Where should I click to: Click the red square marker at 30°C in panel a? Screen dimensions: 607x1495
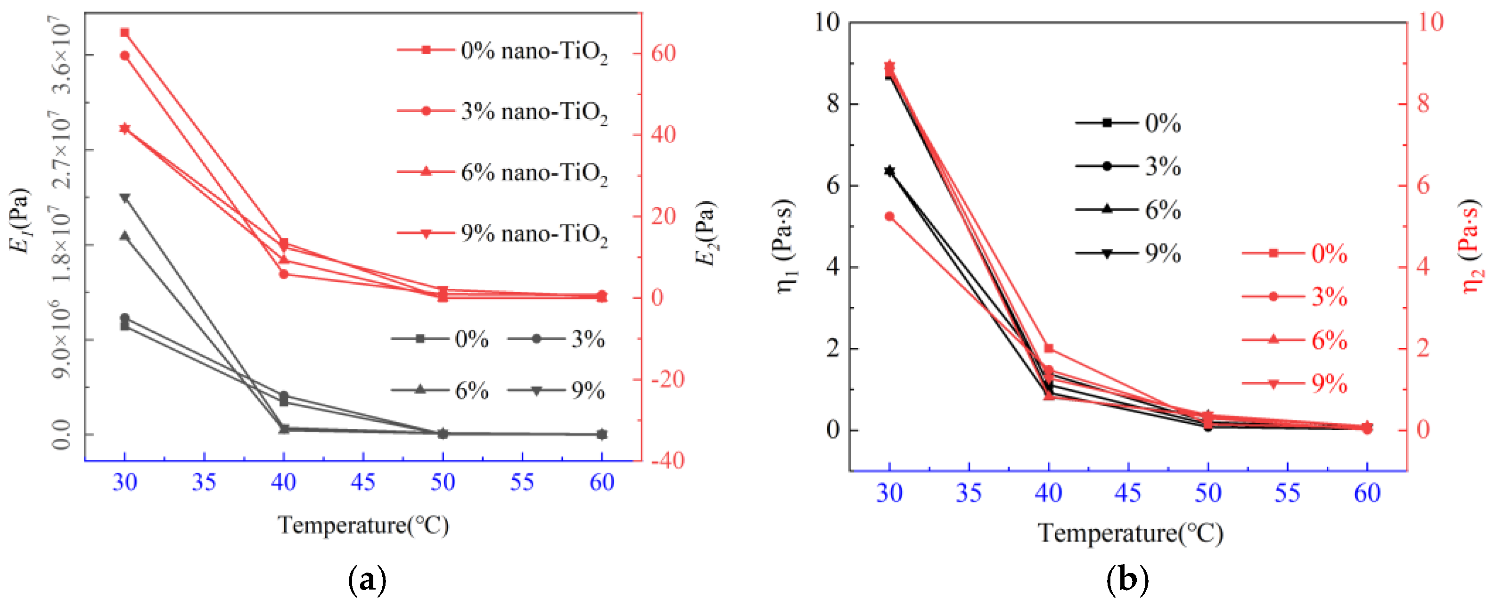[125, 33]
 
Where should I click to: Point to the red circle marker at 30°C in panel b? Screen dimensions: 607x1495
[889, 216]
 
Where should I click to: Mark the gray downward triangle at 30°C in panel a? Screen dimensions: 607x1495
[125, 198]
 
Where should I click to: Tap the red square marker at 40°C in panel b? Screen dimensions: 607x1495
[1049, 349]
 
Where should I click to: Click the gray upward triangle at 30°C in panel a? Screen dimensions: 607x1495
[125, 236]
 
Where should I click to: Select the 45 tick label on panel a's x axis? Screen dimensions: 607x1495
[363, 482]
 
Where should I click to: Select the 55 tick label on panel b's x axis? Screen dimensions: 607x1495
[1287, 493]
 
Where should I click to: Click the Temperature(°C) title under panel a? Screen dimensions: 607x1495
[363, 525]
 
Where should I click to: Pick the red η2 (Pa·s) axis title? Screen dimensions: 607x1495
[1470, 246]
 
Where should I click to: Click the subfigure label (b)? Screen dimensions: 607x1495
[1127, 580]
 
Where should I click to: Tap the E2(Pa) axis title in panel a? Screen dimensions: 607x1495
[707, 233]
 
